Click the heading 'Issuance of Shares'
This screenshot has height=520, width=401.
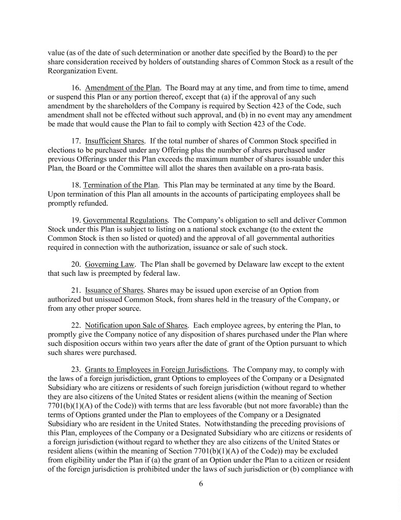tap(114, 290)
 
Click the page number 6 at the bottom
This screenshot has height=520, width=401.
tap(201, 483)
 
